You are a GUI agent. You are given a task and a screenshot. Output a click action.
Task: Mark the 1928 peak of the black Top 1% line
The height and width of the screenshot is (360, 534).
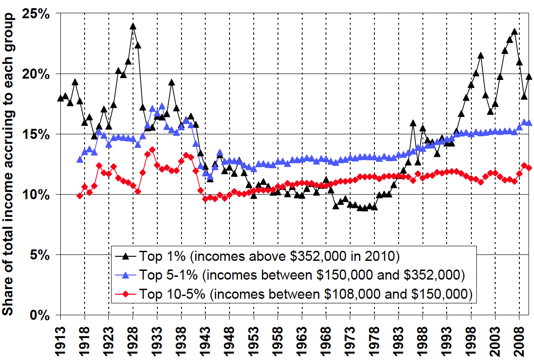coord(133,26)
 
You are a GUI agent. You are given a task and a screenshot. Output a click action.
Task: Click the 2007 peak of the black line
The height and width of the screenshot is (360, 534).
coord(514,32)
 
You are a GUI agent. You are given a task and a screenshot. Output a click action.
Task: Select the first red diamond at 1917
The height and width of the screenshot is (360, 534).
coord(80,196)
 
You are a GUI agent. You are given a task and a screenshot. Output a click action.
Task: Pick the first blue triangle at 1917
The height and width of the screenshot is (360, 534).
coord(80,159)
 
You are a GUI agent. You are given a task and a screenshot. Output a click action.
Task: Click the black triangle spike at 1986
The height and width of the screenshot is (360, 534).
coord(413,123)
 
